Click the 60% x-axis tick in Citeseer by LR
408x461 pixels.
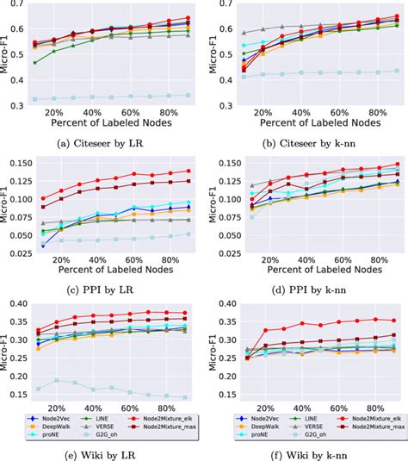point(129,113)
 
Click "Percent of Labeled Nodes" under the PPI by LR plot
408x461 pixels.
point(101,270)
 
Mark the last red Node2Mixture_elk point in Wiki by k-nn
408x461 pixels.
point(395,321)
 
